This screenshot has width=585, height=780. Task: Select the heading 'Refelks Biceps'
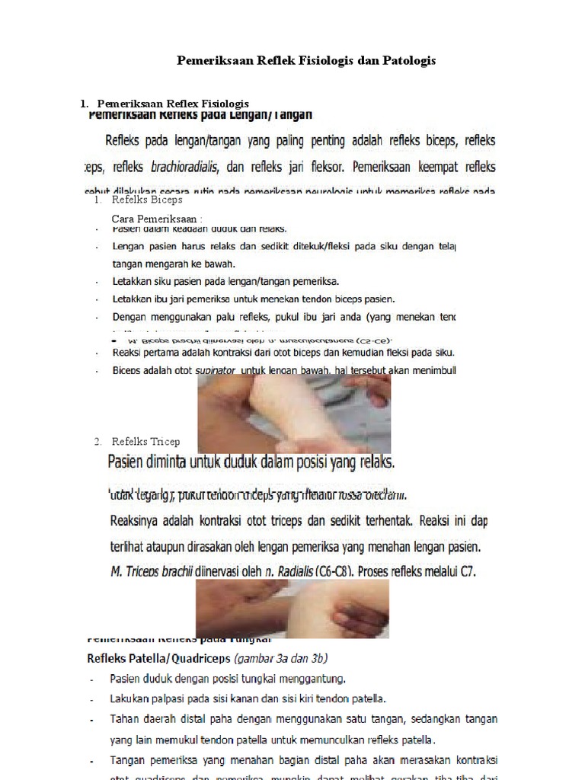[147, 200]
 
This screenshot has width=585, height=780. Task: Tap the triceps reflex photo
[292, 609]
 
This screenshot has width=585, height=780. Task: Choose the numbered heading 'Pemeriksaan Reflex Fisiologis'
[173, 104]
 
